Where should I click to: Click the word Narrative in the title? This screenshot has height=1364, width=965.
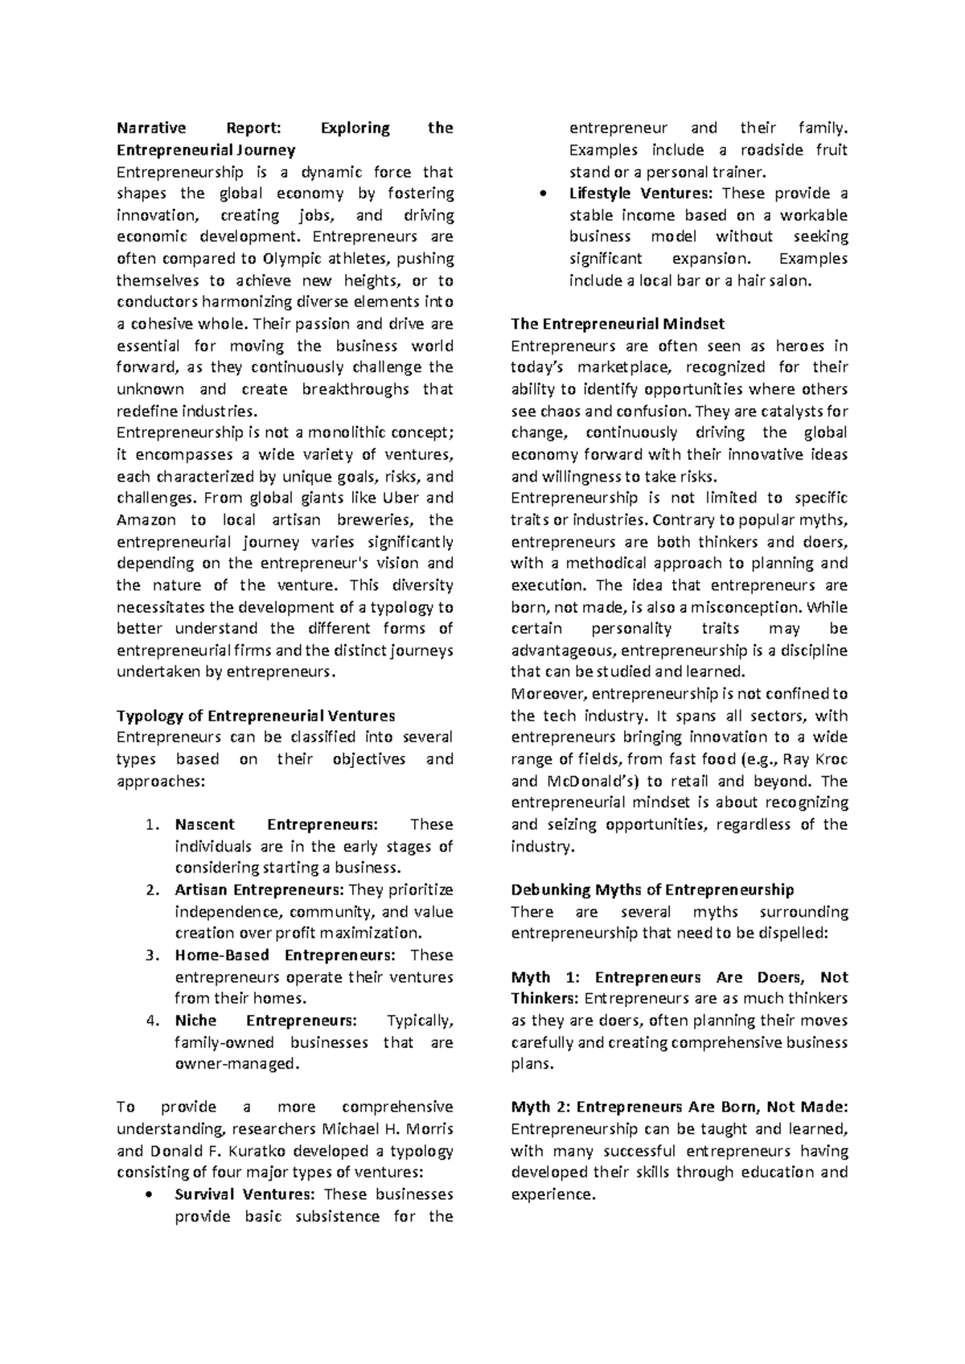tap(151, 128)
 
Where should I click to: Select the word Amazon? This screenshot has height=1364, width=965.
tap(146, 520)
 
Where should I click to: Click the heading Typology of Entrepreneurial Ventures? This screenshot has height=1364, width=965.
tap(256, 716)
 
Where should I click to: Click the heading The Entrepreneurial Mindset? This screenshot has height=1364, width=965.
tap(618, 324)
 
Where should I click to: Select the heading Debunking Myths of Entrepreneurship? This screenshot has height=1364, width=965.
tap(652, 890)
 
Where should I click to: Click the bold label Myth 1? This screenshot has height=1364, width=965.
tap(544, 977)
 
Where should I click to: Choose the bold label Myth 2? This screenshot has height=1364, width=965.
tap(544, 1107)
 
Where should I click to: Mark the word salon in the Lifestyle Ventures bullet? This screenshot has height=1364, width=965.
tap(791, 281)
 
